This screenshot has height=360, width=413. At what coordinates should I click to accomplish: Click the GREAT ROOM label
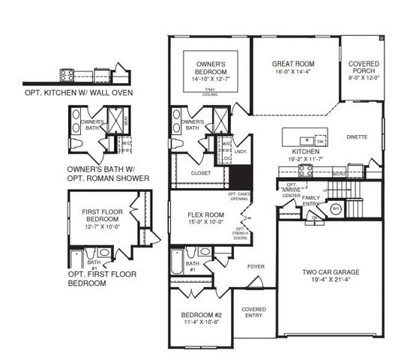tap(293, 64)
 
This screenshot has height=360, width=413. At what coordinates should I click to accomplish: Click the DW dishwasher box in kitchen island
tap(320, 141)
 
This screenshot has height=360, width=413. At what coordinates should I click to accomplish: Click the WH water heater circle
tap(337, 208)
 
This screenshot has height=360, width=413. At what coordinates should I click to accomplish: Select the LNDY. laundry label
tap(241, 152)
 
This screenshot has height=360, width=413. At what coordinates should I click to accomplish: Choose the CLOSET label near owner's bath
tap(202, 173)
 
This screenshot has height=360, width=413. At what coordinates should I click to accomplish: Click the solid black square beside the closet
tap(240, 179)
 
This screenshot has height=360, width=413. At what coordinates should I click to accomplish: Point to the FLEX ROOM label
tap(202, 215)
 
